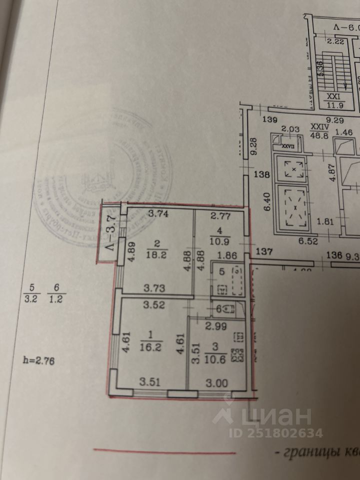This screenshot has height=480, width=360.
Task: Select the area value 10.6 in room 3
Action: coord(217,355)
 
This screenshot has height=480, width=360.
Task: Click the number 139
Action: coord(269,120)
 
